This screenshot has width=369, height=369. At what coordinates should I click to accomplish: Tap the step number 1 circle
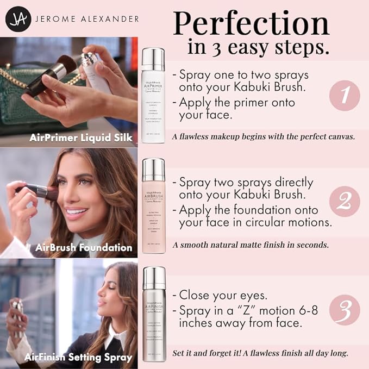344,95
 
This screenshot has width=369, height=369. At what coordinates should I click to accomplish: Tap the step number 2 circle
344,202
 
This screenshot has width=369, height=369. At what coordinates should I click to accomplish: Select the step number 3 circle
344,309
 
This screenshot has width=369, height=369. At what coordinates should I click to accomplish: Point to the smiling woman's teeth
76,211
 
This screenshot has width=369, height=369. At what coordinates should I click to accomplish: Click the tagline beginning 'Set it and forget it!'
260,353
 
